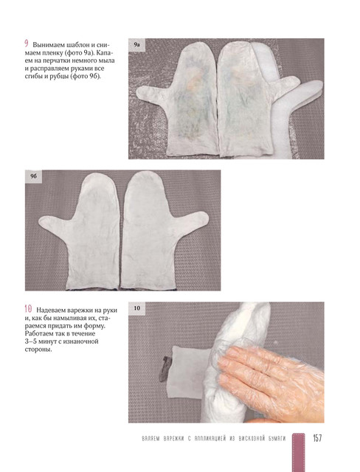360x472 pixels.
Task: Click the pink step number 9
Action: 27,44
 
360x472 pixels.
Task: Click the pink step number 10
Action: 28,309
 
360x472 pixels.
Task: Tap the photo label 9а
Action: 136,45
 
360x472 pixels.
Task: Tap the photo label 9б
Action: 33,176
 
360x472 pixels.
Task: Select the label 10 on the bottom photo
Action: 136,308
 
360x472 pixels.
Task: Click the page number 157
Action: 317,438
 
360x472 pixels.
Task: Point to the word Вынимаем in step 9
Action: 47,46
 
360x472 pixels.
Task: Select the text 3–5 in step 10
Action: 30,341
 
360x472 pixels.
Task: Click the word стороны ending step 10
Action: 36,350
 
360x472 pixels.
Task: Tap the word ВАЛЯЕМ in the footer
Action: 151,438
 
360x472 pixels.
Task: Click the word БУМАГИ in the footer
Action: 277,438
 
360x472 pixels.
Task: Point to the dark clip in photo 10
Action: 166,369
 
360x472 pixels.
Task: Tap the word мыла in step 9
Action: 108,61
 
